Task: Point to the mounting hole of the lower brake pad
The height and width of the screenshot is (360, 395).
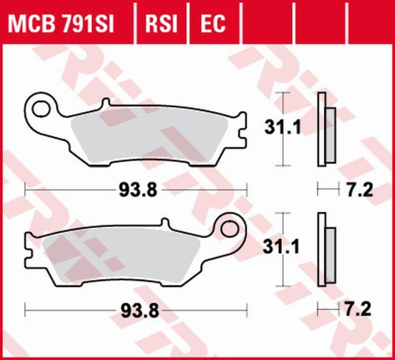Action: pyautogui.click(x=230, y=228)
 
